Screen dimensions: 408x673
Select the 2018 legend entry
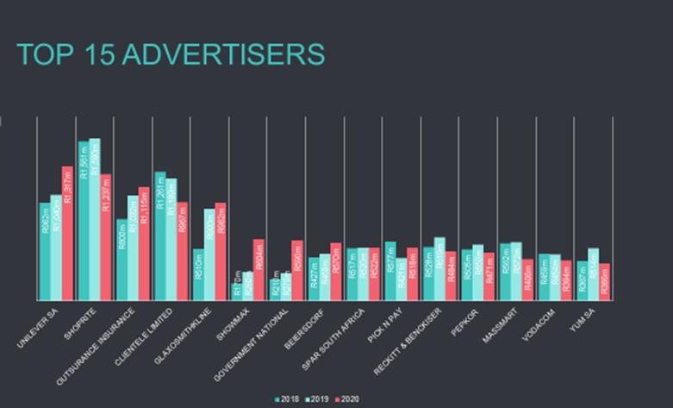click(287, 399)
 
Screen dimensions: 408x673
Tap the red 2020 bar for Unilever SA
click(67, 233)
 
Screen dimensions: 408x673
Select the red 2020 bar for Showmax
click(259, 269)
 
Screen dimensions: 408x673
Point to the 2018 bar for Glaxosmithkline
click(198, 274)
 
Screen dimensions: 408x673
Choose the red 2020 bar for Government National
click(297, 270)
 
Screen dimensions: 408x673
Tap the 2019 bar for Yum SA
click(593, 273)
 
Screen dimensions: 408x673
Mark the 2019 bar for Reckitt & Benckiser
click(439, 268)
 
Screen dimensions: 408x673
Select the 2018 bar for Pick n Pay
click(390, 271)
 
